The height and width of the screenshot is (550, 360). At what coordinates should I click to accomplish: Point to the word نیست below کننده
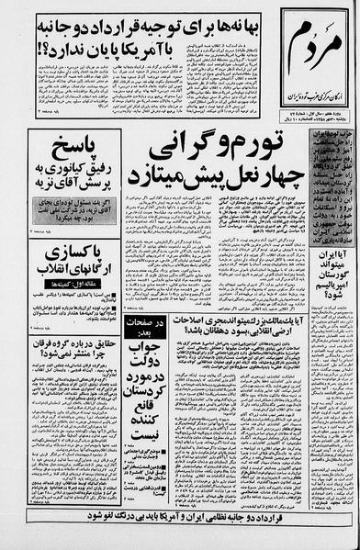click(x=148, y=488)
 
